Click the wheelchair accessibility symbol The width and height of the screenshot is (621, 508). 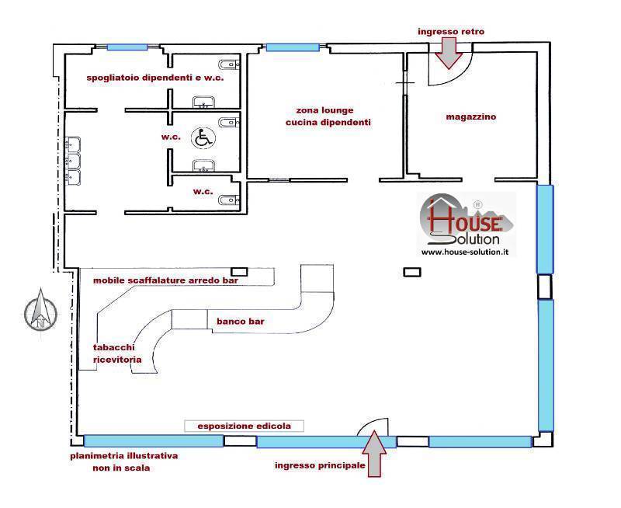point(203,138)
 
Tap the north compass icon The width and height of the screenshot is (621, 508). point(40,314)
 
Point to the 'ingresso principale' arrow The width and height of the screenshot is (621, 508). point(374,454)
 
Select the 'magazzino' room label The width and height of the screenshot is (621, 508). point(471,117)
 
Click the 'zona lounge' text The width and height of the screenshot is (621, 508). point(324,110)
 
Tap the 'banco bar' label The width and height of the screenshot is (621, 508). point(241,322)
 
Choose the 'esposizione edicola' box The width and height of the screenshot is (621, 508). point(244,426)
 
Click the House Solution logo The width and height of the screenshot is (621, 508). point(467,224)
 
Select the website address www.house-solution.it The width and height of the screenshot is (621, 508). point(464,252)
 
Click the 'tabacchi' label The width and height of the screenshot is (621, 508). point(114,347)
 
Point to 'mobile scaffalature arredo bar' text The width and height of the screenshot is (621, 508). point(165,280)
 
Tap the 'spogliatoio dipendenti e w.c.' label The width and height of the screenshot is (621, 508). point(155,78)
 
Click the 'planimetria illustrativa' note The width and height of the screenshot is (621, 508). point(124,456)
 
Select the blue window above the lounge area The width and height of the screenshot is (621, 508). point(293,47)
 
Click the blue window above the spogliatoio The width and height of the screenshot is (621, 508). point(127,47)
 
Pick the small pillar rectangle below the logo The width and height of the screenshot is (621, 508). point(412,272)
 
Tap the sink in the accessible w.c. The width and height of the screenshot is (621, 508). point(203,165)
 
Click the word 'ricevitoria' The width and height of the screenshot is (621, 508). point(117,360)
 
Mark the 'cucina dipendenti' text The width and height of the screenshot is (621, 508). point(328,123)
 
